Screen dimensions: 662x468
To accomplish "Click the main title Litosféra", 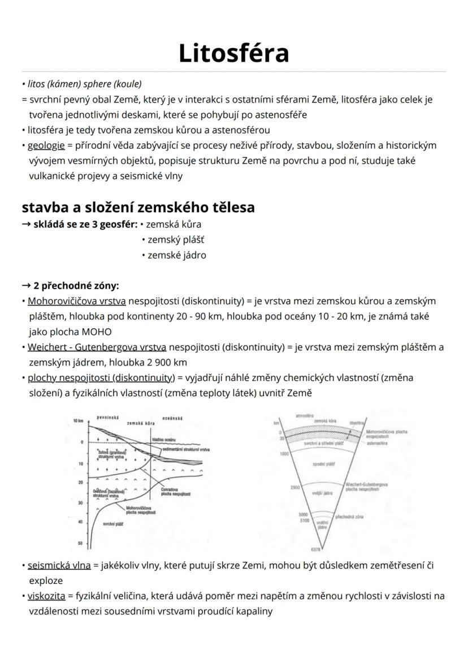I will [233, 53].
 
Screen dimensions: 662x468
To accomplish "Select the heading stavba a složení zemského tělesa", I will [138, 207].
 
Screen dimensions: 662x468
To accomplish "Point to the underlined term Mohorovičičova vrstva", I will [77, 301].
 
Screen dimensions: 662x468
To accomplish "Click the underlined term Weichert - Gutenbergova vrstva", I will [97, 347].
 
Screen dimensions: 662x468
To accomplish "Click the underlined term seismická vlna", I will [59, 565].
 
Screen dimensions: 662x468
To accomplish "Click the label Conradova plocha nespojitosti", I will [175, 491].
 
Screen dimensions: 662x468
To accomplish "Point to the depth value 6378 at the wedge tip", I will [315, 549].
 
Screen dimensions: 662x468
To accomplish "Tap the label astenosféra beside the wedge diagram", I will [376, 444].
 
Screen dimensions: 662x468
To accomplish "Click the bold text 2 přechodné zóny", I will [76, 285].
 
